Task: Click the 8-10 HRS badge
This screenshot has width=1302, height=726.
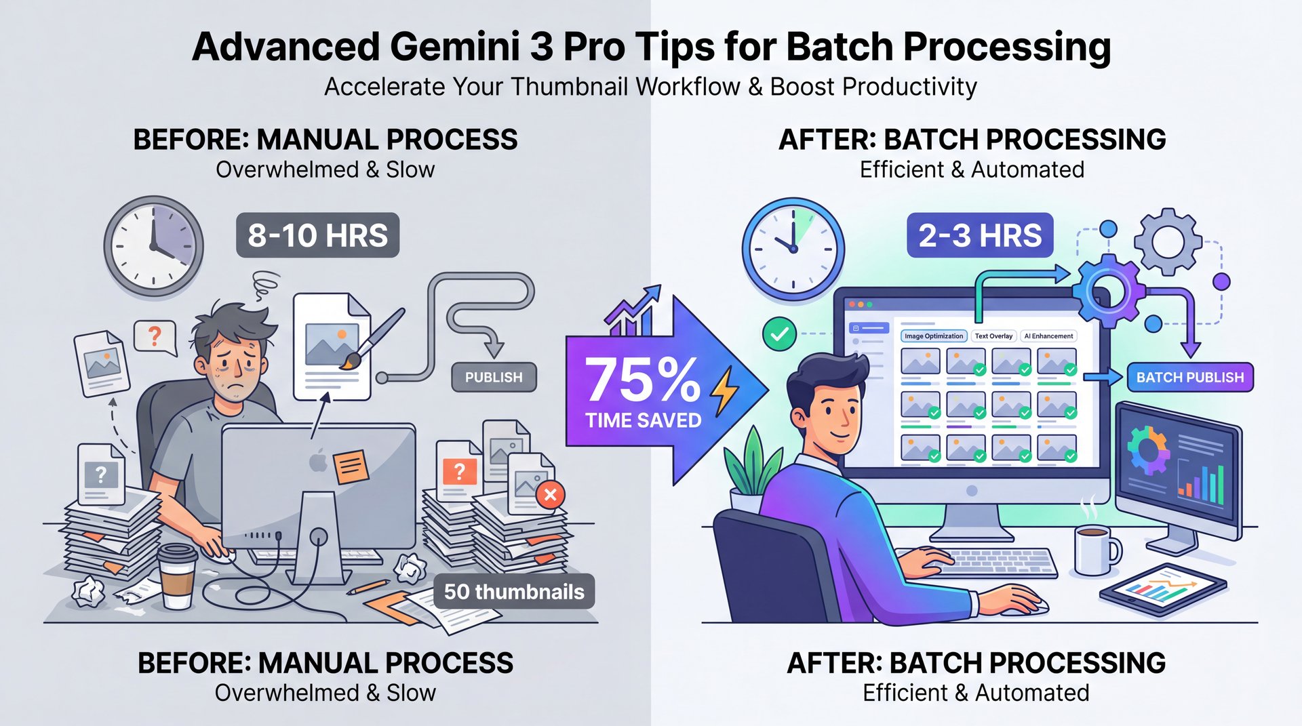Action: [317, 236]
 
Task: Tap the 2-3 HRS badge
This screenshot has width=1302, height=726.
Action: [980, 236]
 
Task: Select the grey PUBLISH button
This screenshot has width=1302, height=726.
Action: [494, 378]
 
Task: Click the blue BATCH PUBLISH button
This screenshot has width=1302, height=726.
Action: [1190, 378]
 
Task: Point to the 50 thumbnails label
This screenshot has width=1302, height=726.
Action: [513, 592]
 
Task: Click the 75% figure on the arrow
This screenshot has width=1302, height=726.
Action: [641, 381]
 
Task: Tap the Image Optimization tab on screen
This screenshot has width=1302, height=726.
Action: [933, 336]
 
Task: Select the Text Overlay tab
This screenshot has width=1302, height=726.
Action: [993, 336]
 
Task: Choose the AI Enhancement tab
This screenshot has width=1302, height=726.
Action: [1048, 336]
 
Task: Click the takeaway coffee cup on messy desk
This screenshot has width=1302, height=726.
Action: [178, 576]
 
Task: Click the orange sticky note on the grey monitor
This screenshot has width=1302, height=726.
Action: [351, 466]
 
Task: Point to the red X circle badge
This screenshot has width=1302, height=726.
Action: [550, 495]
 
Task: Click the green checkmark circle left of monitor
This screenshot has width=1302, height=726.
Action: [779, 334]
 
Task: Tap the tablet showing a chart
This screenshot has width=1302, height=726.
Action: [1162, 589]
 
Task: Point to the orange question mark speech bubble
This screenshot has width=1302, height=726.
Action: [155, 336]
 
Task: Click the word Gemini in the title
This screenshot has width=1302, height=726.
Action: [454, 47]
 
